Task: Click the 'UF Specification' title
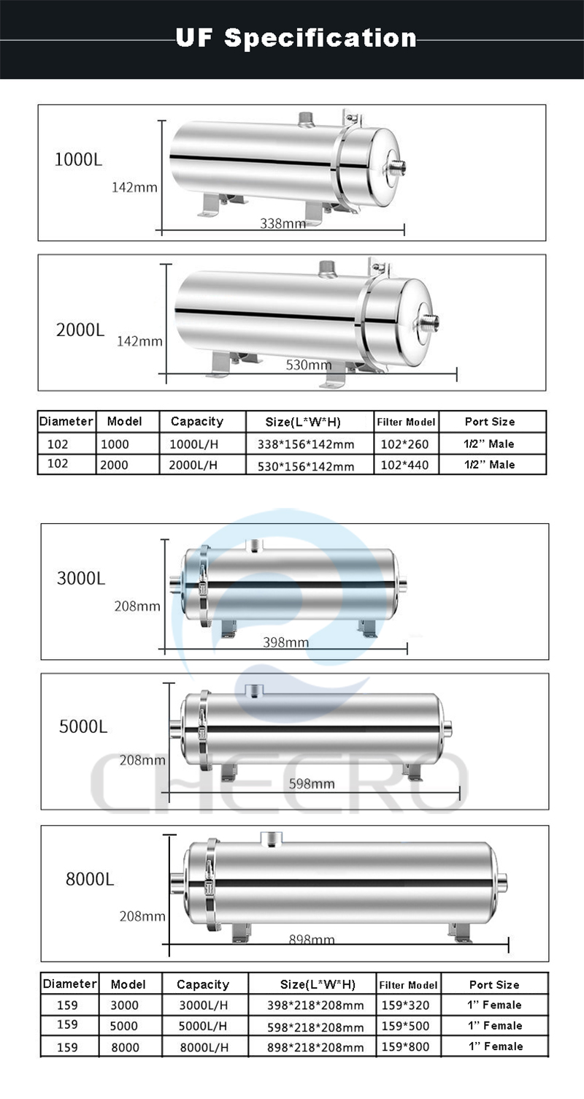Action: (x=296, y=37)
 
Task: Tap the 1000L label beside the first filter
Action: (x=79, y=159)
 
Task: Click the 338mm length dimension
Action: (x=283, y=224)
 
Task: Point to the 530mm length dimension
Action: (x=309, y=365)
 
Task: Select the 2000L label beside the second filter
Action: (x=80, y=330)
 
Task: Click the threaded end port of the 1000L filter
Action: (x=398, y=167)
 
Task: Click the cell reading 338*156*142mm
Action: (x=305, y=444)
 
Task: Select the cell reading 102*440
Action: (x=405, y=465)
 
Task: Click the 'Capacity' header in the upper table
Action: (x=196, y=422)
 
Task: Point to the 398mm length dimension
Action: (x=285, y=642)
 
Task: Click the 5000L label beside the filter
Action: (x=83, y=727)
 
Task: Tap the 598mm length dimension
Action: (x=312, y=783)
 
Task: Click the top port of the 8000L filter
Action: (x=271, y=838)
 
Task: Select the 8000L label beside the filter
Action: (x=90, y=879)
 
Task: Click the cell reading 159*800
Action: (x=406, y=1046)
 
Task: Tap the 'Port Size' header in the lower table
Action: (x=494, y=984)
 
